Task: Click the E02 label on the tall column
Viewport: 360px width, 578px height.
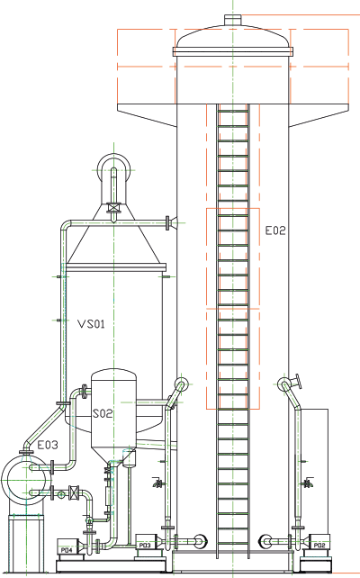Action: tap(275, 230)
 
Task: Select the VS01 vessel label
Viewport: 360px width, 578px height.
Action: tap(91, 324)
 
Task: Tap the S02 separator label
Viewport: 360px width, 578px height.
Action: tap(102, 413)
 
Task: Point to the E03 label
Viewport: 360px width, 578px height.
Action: tap(48, 445)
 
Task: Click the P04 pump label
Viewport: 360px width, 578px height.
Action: tap(67, 550)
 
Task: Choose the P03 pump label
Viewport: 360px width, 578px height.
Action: tap(145, 546)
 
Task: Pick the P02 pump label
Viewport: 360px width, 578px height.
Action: tap(319, 546)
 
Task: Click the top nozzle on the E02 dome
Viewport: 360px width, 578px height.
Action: tap(233, 19)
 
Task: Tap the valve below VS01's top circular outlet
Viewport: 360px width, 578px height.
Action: tap(114, 208)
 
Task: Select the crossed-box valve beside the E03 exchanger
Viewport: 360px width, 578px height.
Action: tap(75, 492)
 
